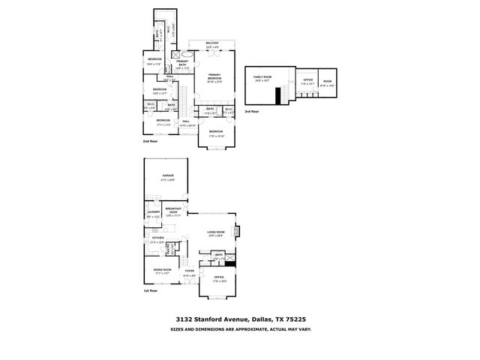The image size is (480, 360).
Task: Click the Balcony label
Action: [212, 43]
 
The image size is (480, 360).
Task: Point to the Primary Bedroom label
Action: [215, 76]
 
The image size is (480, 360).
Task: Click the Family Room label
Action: [262, 77]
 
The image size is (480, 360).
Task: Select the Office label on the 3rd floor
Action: [307, 79]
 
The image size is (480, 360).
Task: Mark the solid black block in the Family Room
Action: [277, 97]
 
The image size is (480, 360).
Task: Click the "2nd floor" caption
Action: [151, 141]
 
